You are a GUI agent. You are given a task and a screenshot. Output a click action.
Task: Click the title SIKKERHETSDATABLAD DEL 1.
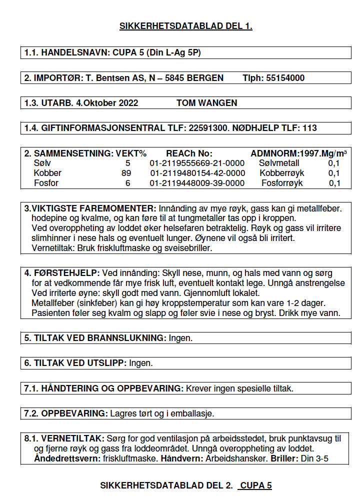(x=185, y=26)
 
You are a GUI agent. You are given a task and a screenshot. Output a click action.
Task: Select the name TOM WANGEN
(x=206, y=103)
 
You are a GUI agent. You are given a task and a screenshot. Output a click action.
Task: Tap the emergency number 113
(x=309, y=128)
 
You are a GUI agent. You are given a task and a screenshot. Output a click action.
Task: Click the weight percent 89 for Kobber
(x=126, y=173)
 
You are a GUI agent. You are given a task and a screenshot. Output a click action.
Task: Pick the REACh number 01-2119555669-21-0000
(x=197, y=163)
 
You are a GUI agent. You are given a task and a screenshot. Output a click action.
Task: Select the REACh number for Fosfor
(x=197, y=183)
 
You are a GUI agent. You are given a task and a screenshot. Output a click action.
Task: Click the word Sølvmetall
(x=279, y=163)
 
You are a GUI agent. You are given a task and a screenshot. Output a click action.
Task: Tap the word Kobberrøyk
(x=281, y=173)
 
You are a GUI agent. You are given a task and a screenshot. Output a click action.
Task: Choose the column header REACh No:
(x=189, y=153)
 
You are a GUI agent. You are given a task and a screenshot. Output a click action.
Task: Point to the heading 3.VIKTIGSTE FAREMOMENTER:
(x=90, y=208)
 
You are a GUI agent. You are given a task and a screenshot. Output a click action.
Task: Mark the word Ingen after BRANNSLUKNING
(x=180, y=338)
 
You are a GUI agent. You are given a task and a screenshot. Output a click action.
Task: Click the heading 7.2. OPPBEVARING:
(x=65, y=413)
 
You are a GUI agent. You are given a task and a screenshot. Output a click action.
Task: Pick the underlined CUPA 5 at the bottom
(x=255, y=485)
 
